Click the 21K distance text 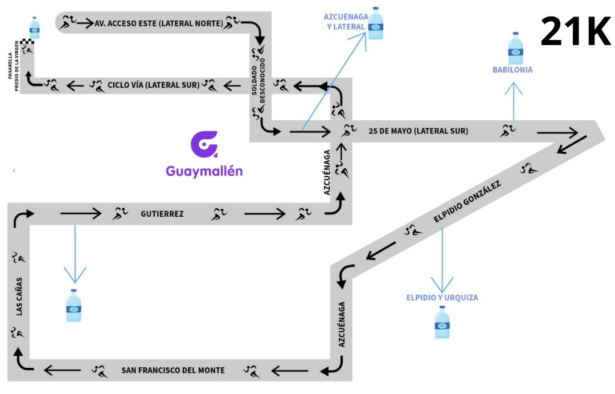coord(575,31)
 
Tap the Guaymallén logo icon coord(203,145)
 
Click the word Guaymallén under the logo coord(204,171)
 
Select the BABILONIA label coord(512,70)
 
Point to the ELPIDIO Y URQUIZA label coord(442,298)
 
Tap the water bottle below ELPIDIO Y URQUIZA coord(442,323)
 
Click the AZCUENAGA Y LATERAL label coord(346,22)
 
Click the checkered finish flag coord(27,42)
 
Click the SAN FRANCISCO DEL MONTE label coord(173,371)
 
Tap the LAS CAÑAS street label coord(19,296)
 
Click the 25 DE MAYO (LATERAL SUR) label coord(419,131)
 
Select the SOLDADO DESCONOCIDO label coord(259,86)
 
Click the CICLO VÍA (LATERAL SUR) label coord(153,86)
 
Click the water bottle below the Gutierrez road coord(74,306)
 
